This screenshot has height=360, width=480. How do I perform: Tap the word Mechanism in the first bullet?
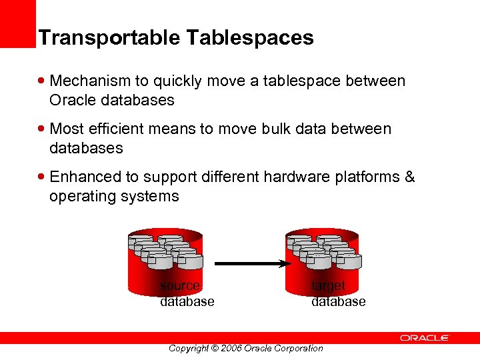click(91, 81)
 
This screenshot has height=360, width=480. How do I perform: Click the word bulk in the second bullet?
click(291, 129)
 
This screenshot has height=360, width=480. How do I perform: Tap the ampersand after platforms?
click(409, 177)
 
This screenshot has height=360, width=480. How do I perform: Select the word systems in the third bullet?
click(149, 196)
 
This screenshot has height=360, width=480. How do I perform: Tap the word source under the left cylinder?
click(180, 286)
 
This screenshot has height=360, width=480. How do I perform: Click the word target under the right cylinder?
click(329, 286)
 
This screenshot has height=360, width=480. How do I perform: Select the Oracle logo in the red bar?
click(425, 338)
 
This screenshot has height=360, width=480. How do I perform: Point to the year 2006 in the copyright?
click(230, 348)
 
